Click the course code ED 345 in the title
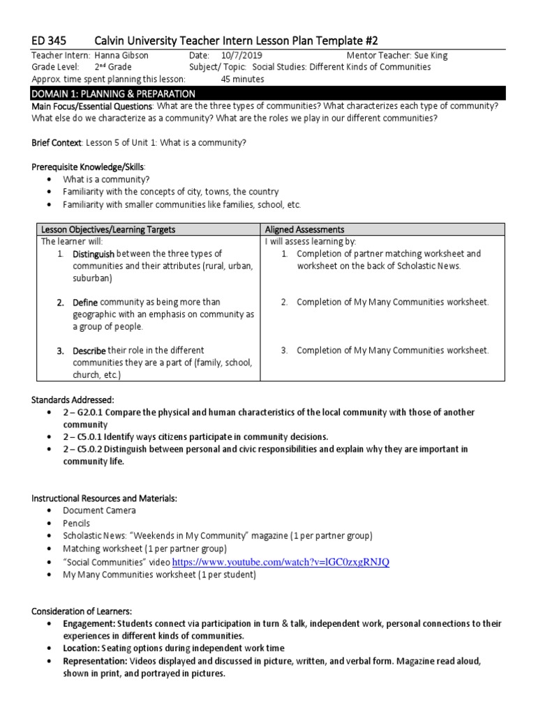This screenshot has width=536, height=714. click(50, 40)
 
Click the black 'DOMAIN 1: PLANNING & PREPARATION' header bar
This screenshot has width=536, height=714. click(268, 93)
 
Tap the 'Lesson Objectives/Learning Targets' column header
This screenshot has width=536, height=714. click(108, 229)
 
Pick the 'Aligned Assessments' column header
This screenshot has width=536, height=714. click(304, 229)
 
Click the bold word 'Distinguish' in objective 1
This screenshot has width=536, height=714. click(94, 254)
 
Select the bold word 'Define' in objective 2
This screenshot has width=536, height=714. click(85, 302)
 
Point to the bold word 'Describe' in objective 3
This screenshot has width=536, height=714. click(89, 350)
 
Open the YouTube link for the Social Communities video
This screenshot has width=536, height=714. click(280, 562)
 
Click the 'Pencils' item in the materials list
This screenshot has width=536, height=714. click(77, 523)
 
